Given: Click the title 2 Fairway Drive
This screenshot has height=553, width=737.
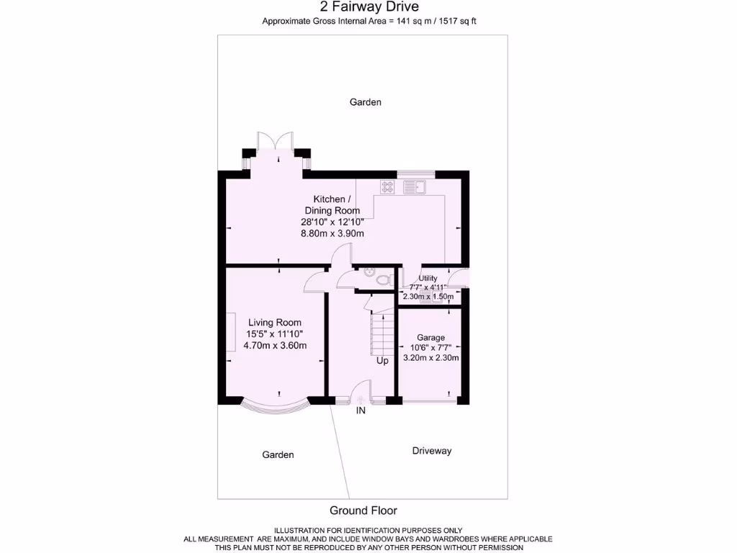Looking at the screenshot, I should [368, 7].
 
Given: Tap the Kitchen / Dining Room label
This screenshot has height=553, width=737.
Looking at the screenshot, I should [332, 204].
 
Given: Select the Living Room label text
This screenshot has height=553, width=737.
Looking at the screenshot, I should [275, 323].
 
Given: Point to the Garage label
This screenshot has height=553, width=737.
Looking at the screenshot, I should [431, 338].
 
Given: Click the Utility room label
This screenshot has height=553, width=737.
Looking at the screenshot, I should [428, 279].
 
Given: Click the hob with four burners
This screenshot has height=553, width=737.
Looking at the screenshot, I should [387, 187].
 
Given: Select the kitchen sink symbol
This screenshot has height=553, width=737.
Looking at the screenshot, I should [415, 187].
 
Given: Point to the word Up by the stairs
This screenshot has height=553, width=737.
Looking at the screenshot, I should [382, 361].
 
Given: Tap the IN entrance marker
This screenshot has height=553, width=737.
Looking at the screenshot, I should [361, 411].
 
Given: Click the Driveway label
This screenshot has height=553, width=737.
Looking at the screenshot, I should [432, 451].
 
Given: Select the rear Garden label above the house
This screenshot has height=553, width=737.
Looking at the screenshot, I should [366, 102].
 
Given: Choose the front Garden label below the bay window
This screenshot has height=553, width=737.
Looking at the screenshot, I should [278, 454].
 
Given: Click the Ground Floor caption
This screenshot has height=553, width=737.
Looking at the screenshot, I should [363, 511].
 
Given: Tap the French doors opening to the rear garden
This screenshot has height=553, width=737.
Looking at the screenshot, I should [275, 142].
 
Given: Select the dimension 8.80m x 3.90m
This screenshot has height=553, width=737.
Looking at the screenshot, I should [333, 233].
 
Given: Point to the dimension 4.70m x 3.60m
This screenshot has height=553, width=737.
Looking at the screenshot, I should [275, 346].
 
